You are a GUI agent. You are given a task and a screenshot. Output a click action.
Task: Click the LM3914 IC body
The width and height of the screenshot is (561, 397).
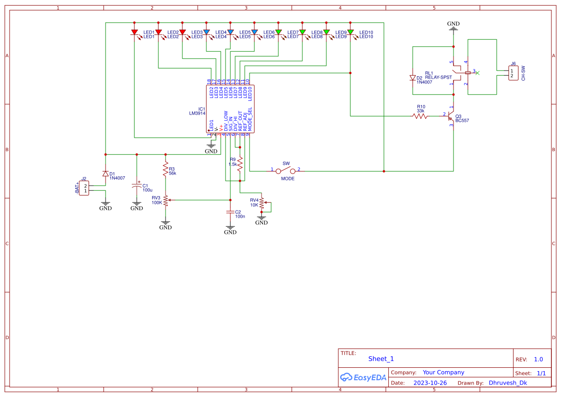230,109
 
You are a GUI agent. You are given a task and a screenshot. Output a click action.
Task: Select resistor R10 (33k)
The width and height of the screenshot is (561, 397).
420,116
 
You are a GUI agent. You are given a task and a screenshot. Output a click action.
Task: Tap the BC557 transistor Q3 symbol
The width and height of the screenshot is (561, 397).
451,116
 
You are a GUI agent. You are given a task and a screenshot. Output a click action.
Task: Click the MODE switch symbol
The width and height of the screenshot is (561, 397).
286,170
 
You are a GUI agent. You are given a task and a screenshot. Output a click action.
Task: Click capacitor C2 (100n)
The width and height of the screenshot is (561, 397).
230,211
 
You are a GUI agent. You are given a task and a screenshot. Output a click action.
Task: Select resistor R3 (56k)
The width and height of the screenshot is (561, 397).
166,170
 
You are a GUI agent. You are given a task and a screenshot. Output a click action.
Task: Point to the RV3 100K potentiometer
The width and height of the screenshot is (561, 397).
166,200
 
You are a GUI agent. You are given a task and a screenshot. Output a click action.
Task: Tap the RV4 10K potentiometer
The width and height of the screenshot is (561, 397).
262,203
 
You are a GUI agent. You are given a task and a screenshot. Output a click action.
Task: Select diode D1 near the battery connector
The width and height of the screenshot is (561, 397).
105,174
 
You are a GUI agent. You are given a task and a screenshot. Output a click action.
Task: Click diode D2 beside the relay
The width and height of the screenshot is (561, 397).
412,78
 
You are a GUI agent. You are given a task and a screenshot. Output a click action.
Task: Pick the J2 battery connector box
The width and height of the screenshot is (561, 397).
84,188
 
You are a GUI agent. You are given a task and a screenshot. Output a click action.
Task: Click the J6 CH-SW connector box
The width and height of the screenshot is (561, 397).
513,73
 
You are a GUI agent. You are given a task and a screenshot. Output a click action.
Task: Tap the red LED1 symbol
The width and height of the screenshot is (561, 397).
134,33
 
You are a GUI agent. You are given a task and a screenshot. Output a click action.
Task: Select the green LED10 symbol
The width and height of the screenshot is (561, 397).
350,33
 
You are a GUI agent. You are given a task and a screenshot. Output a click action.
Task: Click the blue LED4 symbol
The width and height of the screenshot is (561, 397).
230,33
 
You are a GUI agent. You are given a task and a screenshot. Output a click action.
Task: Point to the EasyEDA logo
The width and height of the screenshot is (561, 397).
363,377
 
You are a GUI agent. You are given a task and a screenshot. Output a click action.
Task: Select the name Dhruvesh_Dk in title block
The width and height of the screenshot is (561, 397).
508,383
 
